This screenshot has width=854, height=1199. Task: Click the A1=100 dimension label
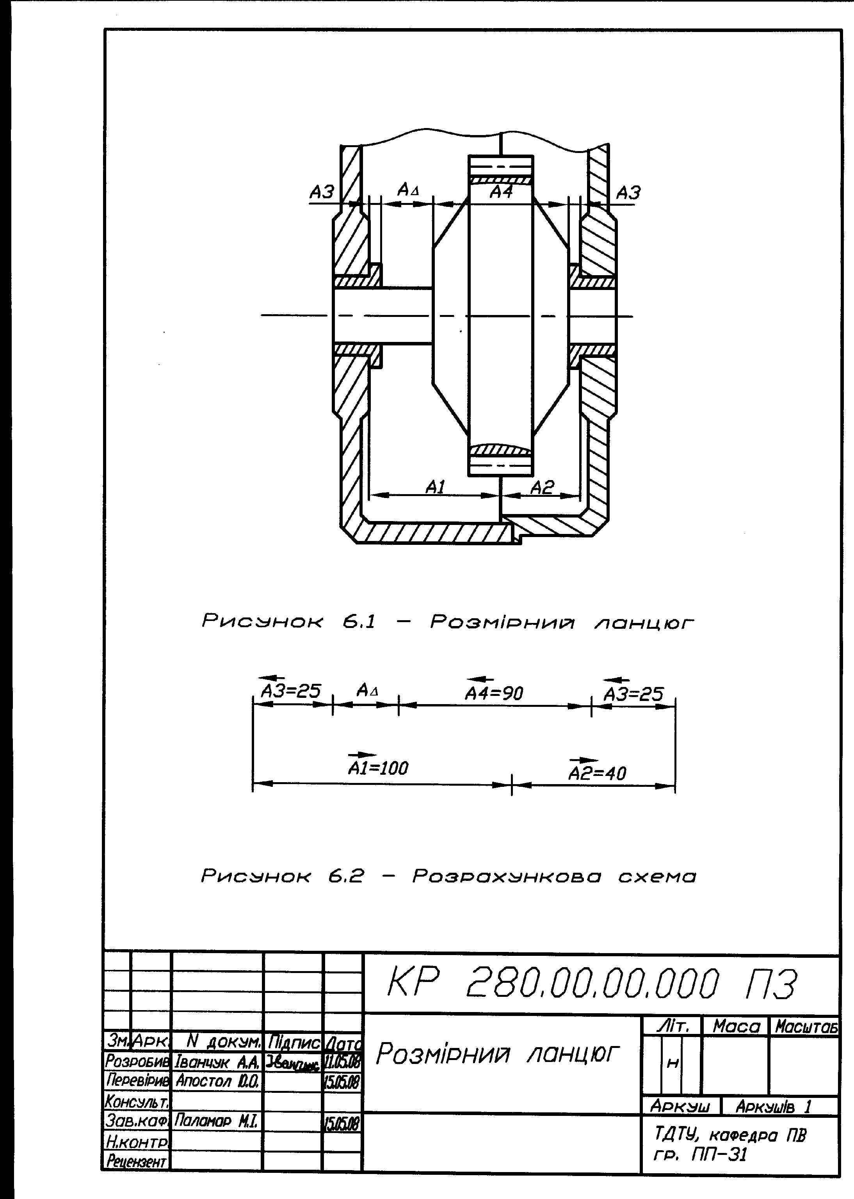pyautogui.click(x=378, y=768)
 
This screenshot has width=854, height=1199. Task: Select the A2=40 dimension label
pyautogui.click(x=598, y=773)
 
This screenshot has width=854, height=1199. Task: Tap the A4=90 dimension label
pyautogui.click(x=494, y=694)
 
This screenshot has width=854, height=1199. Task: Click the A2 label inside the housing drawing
pyautogui.click(x=542, y=487)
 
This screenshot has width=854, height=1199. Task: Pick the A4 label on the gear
pyautogui.click(x=501, y=192)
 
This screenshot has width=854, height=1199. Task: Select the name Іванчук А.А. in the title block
pyautogui.click(x=217, y=1062)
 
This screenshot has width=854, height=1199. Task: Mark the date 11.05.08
pyautogui.click(x=342, y=1062)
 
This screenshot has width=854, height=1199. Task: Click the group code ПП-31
pyautogui.click(x=721, y=1155)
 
